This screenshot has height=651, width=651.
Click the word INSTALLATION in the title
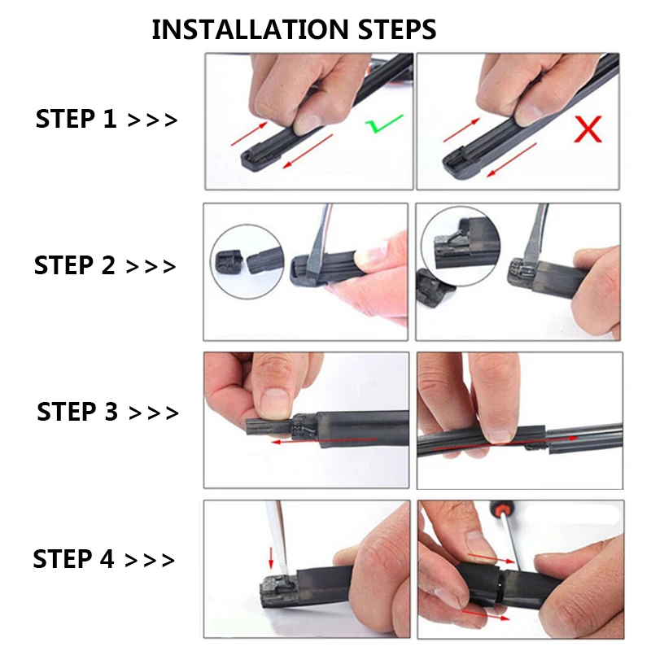pyautogui.click(x=250, y=29)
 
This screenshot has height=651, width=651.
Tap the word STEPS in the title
pyautogui.click(x=397, y=29)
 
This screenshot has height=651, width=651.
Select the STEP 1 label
pyautogui.click(x=76, y=119)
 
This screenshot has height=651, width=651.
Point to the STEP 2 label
pyautogui.click(x=74, y=265)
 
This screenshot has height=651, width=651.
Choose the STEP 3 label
pyautogui.click(x=77, y=412)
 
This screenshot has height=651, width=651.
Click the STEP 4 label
pyautogui.click(x=73, y=558)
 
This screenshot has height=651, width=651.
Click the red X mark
pyautogui.click(x=588, y=129)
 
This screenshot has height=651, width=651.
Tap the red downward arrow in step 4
pyautogui.click(x=271, y=557)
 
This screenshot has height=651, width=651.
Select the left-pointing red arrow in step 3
pyautogui.click(x=324, y=440)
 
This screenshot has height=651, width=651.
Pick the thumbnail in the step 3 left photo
pyautogui.click(x=274, y=402)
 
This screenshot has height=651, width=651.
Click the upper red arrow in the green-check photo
pyautogui.click(x=249, y=133)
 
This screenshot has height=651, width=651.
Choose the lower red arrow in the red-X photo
pyautogui.click(x=512, y=159)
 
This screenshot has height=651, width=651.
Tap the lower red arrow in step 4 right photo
pyautogui.click(x=486, y=615)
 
